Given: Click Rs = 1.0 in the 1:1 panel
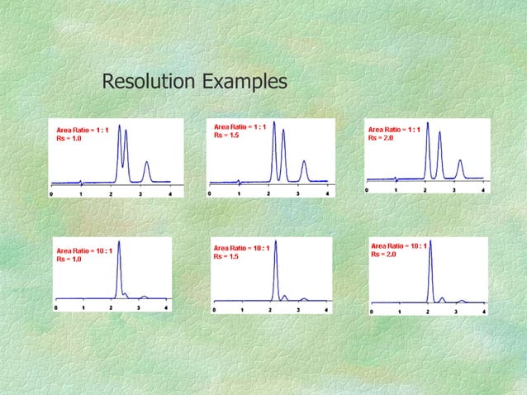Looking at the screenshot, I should tap(69, 139).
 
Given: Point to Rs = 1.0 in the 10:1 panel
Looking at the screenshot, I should tap(69, 259).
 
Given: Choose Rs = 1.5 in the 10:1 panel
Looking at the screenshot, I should tap(226, 256).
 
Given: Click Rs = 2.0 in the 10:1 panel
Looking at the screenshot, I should tap(384, 255).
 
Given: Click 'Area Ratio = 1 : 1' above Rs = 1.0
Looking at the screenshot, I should tap(82, 130).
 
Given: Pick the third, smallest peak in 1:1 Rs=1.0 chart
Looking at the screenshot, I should tap(146, 165).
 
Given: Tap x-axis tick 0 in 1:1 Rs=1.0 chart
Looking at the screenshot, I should tap(52, 194).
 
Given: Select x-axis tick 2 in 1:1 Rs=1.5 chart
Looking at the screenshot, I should tap(268, 193).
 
